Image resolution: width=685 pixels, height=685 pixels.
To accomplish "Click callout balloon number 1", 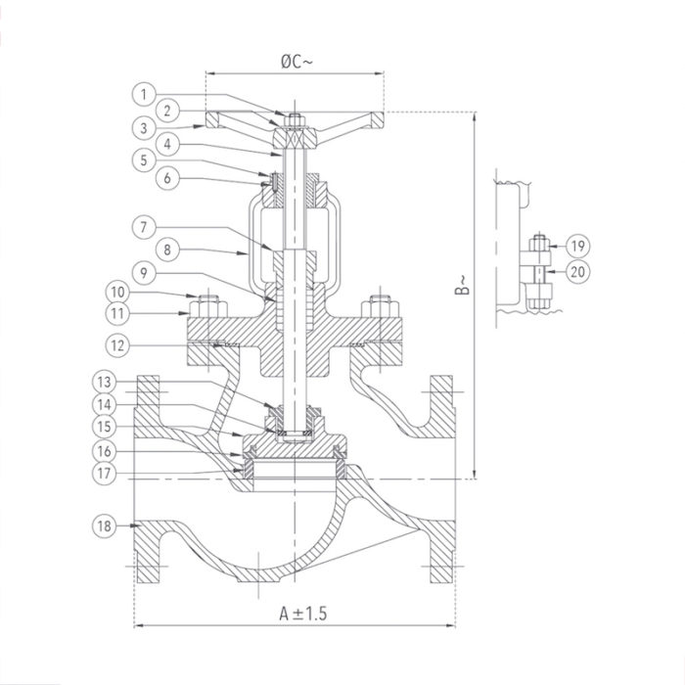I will click(143, 94).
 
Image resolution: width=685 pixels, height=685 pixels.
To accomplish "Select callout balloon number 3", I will click(143, 127).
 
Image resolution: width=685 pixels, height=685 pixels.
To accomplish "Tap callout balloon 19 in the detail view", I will click(577, 246).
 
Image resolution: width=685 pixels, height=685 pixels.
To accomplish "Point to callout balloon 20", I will click(577, 271).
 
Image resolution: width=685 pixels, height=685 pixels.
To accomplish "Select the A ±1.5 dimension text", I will click(295, 614).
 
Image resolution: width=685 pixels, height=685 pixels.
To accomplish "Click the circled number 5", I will click(143, 160).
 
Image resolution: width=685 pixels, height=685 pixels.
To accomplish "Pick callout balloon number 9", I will click(143, 271).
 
